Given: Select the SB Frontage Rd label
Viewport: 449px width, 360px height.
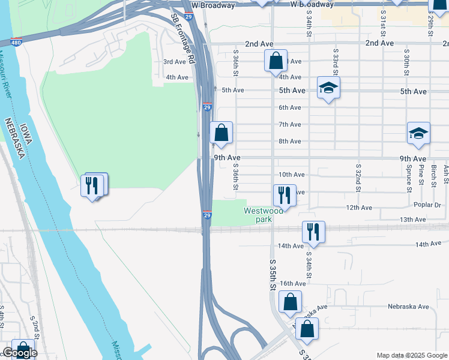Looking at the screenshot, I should (x=183, y=40).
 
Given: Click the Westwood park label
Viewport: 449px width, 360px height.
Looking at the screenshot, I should (x=264, y=215).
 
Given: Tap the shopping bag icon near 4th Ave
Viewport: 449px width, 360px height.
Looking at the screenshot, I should (x=276, y=61).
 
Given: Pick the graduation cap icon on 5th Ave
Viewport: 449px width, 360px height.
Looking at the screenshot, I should (x=328, y=88).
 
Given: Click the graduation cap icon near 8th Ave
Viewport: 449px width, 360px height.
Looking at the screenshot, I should (x=418, y=134).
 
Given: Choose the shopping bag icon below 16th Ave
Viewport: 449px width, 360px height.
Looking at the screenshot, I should (x=290, y=303).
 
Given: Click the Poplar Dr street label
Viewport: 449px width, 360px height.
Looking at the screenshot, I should (x=428, y=205).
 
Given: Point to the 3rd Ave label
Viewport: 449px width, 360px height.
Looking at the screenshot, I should (x=175, y=62).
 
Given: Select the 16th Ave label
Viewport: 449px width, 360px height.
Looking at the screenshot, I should (x=294, y=283).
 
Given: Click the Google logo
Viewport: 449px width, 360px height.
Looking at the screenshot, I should (x=20, y=353).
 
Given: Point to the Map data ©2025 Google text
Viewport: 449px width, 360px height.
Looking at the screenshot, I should (x=411, y=355).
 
